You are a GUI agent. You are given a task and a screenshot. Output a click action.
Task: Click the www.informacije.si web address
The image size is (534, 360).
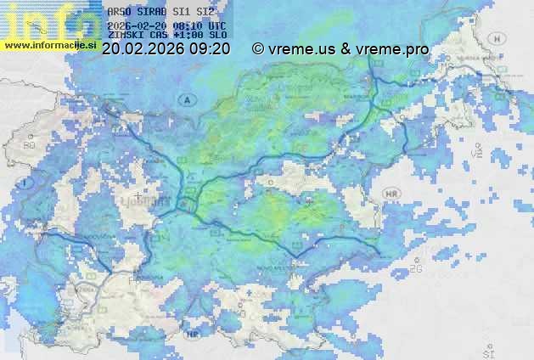[x=49, y=44]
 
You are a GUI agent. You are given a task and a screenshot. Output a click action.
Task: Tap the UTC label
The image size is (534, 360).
[x=217, y=25]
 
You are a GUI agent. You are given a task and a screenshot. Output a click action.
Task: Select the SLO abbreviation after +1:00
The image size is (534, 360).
[x=217, y=37]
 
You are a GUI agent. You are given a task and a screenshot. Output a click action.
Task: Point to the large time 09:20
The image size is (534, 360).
[x=209, y=49]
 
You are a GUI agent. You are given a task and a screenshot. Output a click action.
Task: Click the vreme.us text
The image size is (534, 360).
[x=302, y=49]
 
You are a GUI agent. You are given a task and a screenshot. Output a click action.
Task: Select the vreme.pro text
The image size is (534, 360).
[x=392, y=49]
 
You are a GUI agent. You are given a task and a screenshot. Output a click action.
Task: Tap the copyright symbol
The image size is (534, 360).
[x=258, y=49]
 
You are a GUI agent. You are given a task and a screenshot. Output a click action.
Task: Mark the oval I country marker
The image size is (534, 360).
[x=26, y=183]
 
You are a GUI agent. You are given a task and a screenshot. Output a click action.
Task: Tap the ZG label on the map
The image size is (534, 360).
[x=416, y=268]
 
